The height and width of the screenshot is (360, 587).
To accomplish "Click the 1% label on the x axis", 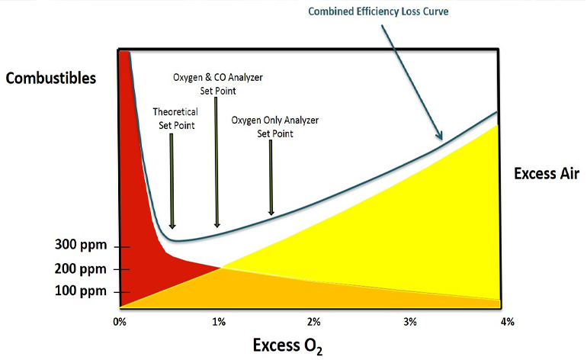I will (x=219, y=321).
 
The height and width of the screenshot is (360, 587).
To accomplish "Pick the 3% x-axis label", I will (x=410, y=321).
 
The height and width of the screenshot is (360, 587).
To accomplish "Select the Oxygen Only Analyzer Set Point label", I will (x=274, y=126).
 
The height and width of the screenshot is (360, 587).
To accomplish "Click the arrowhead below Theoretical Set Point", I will (x=173, y=225).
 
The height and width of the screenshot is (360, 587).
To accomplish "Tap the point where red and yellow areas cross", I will (x=221, y=266).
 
